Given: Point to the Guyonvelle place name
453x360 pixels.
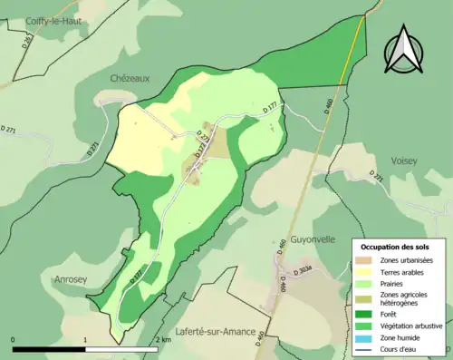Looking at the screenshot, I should pos(314,239).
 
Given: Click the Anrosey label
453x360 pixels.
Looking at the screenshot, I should pos(71,279).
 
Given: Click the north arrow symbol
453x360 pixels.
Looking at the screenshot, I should pos(404,49).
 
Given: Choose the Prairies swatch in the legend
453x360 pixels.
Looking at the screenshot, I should pos(371,283).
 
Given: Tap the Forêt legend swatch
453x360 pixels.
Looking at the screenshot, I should pos(371,314).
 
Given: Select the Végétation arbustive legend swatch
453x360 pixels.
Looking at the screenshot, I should pos(371,325).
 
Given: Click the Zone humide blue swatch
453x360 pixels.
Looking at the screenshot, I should pos(371,336).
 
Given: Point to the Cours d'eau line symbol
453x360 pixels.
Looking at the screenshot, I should pos(371,346).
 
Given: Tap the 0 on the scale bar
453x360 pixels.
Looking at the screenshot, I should pos(13,340).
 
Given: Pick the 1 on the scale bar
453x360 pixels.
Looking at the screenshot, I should pos(85,340).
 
